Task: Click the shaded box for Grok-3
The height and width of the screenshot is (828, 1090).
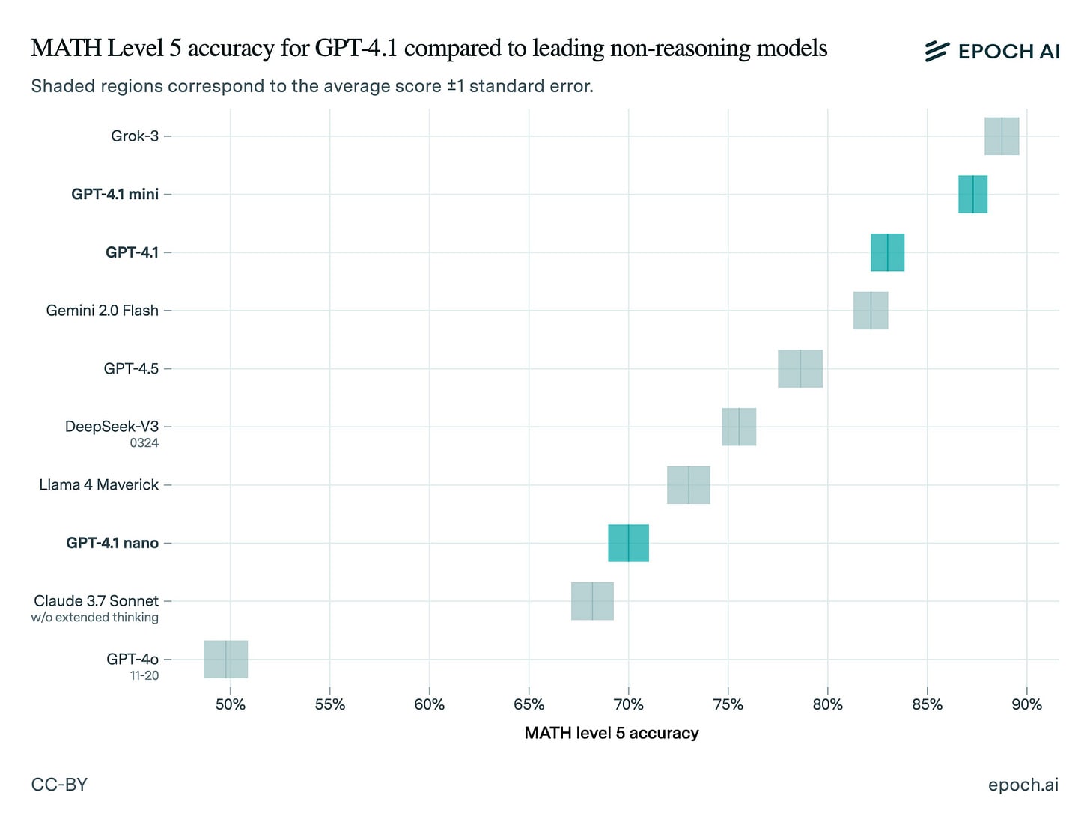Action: (x=1002, y=136)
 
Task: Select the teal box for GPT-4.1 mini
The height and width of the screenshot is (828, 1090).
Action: (x=972, y=195)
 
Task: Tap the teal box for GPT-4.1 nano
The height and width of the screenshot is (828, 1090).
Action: (x=628, y=543)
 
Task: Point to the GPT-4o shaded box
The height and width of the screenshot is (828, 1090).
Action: (x=225, y=660)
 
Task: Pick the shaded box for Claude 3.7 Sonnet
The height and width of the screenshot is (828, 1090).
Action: (x=592, y=601)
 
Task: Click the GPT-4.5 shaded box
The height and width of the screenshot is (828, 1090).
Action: (x=800, y=368)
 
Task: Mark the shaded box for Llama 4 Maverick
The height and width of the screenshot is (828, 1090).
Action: (x=689, y=485)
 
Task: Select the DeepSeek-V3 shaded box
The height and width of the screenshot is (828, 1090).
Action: (x=739, y=427)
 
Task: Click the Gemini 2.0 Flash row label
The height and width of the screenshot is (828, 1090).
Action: (x=103, y=311)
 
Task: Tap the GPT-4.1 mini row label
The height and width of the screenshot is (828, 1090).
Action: (x=115, y=195)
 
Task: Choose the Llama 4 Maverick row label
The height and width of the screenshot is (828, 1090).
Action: (x=99, y=485)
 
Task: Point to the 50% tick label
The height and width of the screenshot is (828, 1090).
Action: (x=231, y=704)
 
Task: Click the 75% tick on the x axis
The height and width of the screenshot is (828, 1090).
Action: (x=728, y=704)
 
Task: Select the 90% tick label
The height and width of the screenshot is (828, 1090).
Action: (x=1026, y=704)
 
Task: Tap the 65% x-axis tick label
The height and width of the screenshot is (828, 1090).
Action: (x=529, y=704)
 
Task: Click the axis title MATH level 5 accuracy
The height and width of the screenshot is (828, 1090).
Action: (x=612, y=733)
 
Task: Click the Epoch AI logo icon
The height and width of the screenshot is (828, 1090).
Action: (x=937, y=51)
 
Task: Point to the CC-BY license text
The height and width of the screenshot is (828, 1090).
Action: (x=59, y=785)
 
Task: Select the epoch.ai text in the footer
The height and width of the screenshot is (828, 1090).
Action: (x=1023, y=785)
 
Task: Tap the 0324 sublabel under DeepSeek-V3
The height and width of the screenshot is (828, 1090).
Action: (x=144, y=443)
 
